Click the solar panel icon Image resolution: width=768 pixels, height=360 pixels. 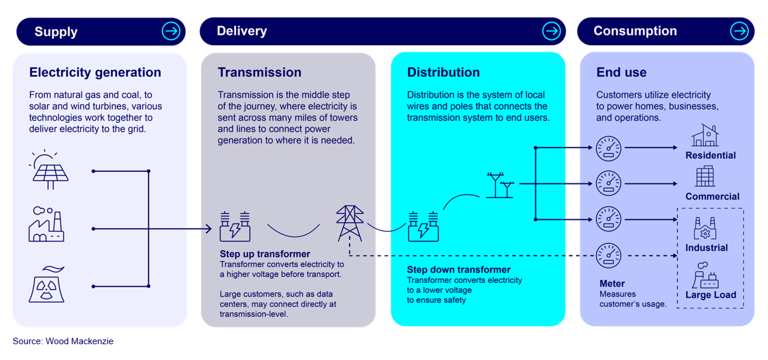coord(50,171)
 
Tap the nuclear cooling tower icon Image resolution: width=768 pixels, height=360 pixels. coord(47,285)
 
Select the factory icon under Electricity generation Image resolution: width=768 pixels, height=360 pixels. coord(46,225)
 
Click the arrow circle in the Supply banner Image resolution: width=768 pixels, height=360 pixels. coord(171,31)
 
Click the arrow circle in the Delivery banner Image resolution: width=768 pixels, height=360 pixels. coord(551,31)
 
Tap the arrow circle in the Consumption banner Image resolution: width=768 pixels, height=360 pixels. coord(739,31)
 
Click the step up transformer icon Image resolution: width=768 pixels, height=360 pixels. coord(235,226)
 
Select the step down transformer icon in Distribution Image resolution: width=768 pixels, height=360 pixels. coord(423,226)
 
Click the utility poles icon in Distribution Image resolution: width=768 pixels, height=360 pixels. coord(500,185)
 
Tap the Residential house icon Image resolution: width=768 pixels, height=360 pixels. coord(705,136)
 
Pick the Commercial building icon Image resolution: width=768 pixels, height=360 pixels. coord(705,177)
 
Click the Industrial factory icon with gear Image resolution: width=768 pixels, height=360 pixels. coord(705,229)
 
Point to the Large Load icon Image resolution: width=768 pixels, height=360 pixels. coord(705,276)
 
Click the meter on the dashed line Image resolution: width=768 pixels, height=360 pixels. coord(608,255)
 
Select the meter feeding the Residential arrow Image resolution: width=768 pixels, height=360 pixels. coord(608,148)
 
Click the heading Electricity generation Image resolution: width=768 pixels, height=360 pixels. coord(95,73)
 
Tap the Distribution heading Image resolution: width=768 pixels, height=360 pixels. coord(443,73)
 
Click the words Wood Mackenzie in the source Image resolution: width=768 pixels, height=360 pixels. coord(79,341)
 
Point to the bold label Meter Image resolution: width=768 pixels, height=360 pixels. coord(612,284)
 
